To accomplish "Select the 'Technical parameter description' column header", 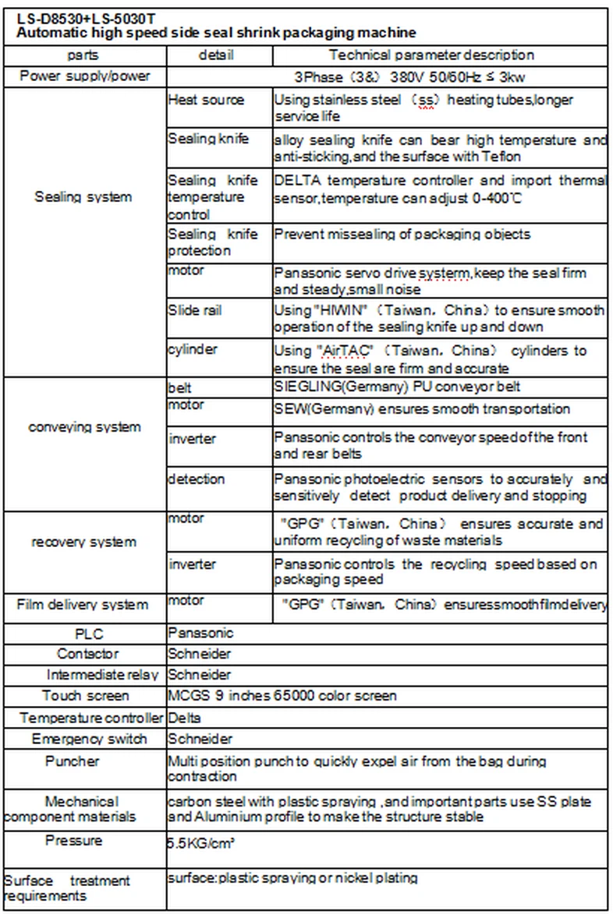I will pyautogui.click(x=431, y=55).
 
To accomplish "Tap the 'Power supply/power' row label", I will pyautogui.click(x=85, y=76).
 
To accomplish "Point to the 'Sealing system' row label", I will pyautogui.click(x=83, y=197).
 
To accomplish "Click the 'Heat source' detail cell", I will pyautogui.click(x=206, y=101).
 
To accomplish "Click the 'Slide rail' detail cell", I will pyautogui.click(x=195, y=310).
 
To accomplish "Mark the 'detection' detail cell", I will pyautogui.click(x=197, y=478).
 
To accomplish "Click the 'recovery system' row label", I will pyautogui.click(x=83, y=542).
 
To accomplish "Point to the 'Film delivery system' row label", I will pyautogui.click(x=83, y=605).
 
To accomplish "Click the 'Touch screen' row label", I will pyautogui.click(x=86, y=696).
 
